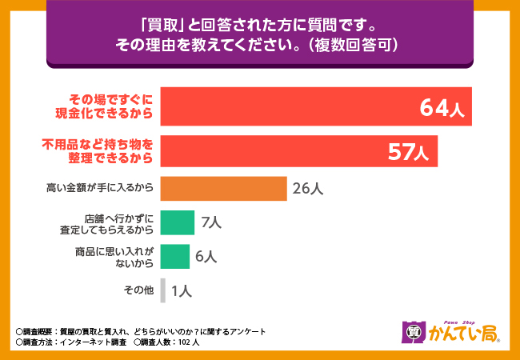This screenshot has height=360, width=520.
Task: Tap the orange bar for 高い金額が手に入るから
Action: pos(223,189)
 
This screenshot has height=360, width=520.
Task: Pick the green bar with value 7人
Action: pos(177,222)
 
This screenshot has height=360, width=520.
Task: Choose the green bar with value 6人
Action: pos(174,256)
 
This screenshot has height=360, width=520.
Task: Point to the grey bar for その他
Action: pos(162,290)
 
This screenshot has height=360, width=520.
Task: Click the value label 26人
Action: pos(307,190)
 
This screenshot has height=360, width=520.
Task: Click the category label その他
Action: pos(138,290)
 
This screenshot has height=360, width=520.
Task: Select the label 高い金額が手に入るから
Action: pos(100,190)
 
